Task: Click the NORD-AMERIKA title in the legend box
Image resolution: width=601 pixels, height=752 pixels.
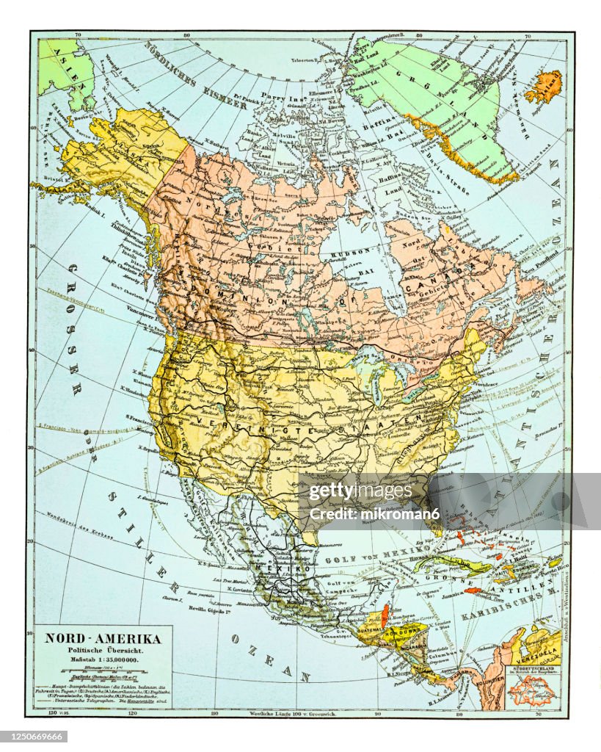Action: coord(103,638)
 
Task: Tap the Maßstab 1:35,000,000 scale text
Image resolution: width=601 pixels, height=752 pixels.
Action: coord(103,661)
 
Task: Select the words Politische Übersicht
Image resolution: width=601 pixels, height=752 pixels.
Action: coord(103,651)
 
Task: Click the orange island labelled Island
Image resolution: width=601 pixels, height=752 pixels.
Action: coord(544,87)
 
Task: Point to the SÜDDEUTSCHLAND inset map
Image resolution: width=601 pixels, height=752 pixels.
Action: coord(532,687)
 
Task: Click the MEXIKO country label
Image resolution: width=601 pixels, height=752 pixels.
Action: coord(278,569)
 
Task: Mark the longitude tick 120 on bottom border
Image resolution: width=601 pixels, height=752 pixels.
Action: coord(132,712)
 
